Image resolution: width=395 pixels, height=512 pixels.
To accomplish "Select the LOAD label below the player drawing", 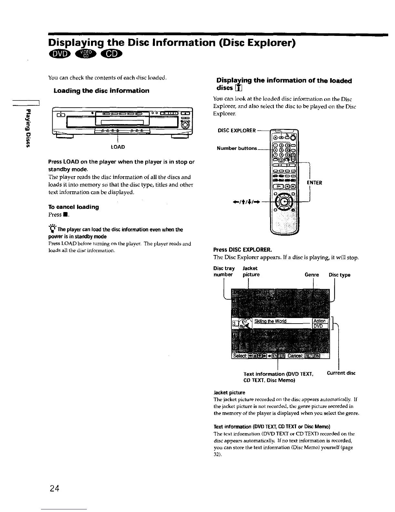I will coord(118,147).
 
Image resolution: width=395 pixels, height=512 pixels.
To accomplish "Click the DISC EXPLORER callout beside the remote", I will coord(237,131).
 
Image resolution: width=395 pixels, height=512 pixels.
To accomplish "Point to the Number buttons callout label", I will coord(237,148).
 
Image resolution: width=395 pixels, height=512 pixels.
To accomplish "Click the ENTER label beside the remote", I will coord(314,183).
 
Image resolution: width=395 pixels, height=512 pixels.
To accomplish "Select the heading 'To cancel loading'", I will coord(74,207).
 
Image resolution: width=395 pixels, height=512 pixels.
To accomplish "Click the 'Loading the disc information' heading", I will coord(101,91).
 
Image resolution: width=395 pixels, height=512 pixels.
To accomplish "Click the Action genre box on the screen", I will coord(320,321).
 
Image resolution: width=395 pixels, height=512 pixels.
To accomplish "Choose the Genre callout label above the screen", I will coord(312,275).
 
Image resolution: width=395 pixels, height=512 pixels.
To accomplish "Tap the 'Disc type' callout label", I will coord(339,275).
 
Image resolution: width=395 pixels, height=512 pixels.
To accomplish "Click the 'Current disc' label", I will coord(341,373).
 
